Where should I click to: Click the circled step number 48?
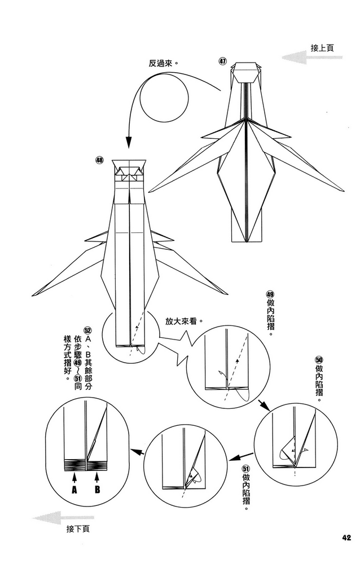(100, 160)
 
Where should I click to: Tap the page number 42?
(346, 537)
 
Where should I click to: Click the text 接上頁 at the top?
(322, 48)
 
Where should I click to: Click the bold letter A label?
(73, 490)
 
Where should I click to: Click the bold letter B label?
(97, 490)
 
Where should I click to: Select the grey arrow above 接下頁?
(55, 517)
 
